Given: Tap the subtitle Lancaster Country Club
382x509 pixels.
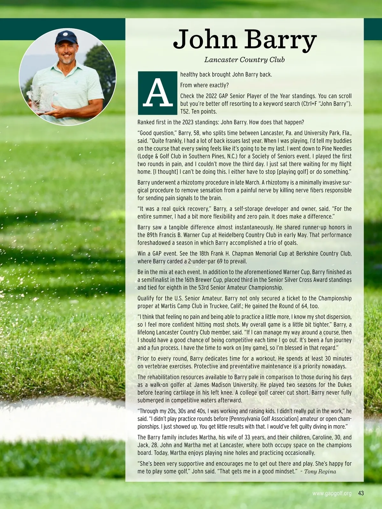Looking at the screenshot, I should [244, 59].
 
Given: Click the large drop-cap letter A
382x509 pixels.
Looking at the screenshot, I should [157, 93].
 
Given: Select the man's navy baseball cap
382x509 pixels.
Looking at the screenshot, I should [66, 37].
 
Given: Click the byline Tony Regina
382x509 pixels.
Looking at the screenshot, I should [320, 471].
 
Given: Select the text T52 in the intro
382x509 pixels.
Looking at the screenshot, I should [185, 112].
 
